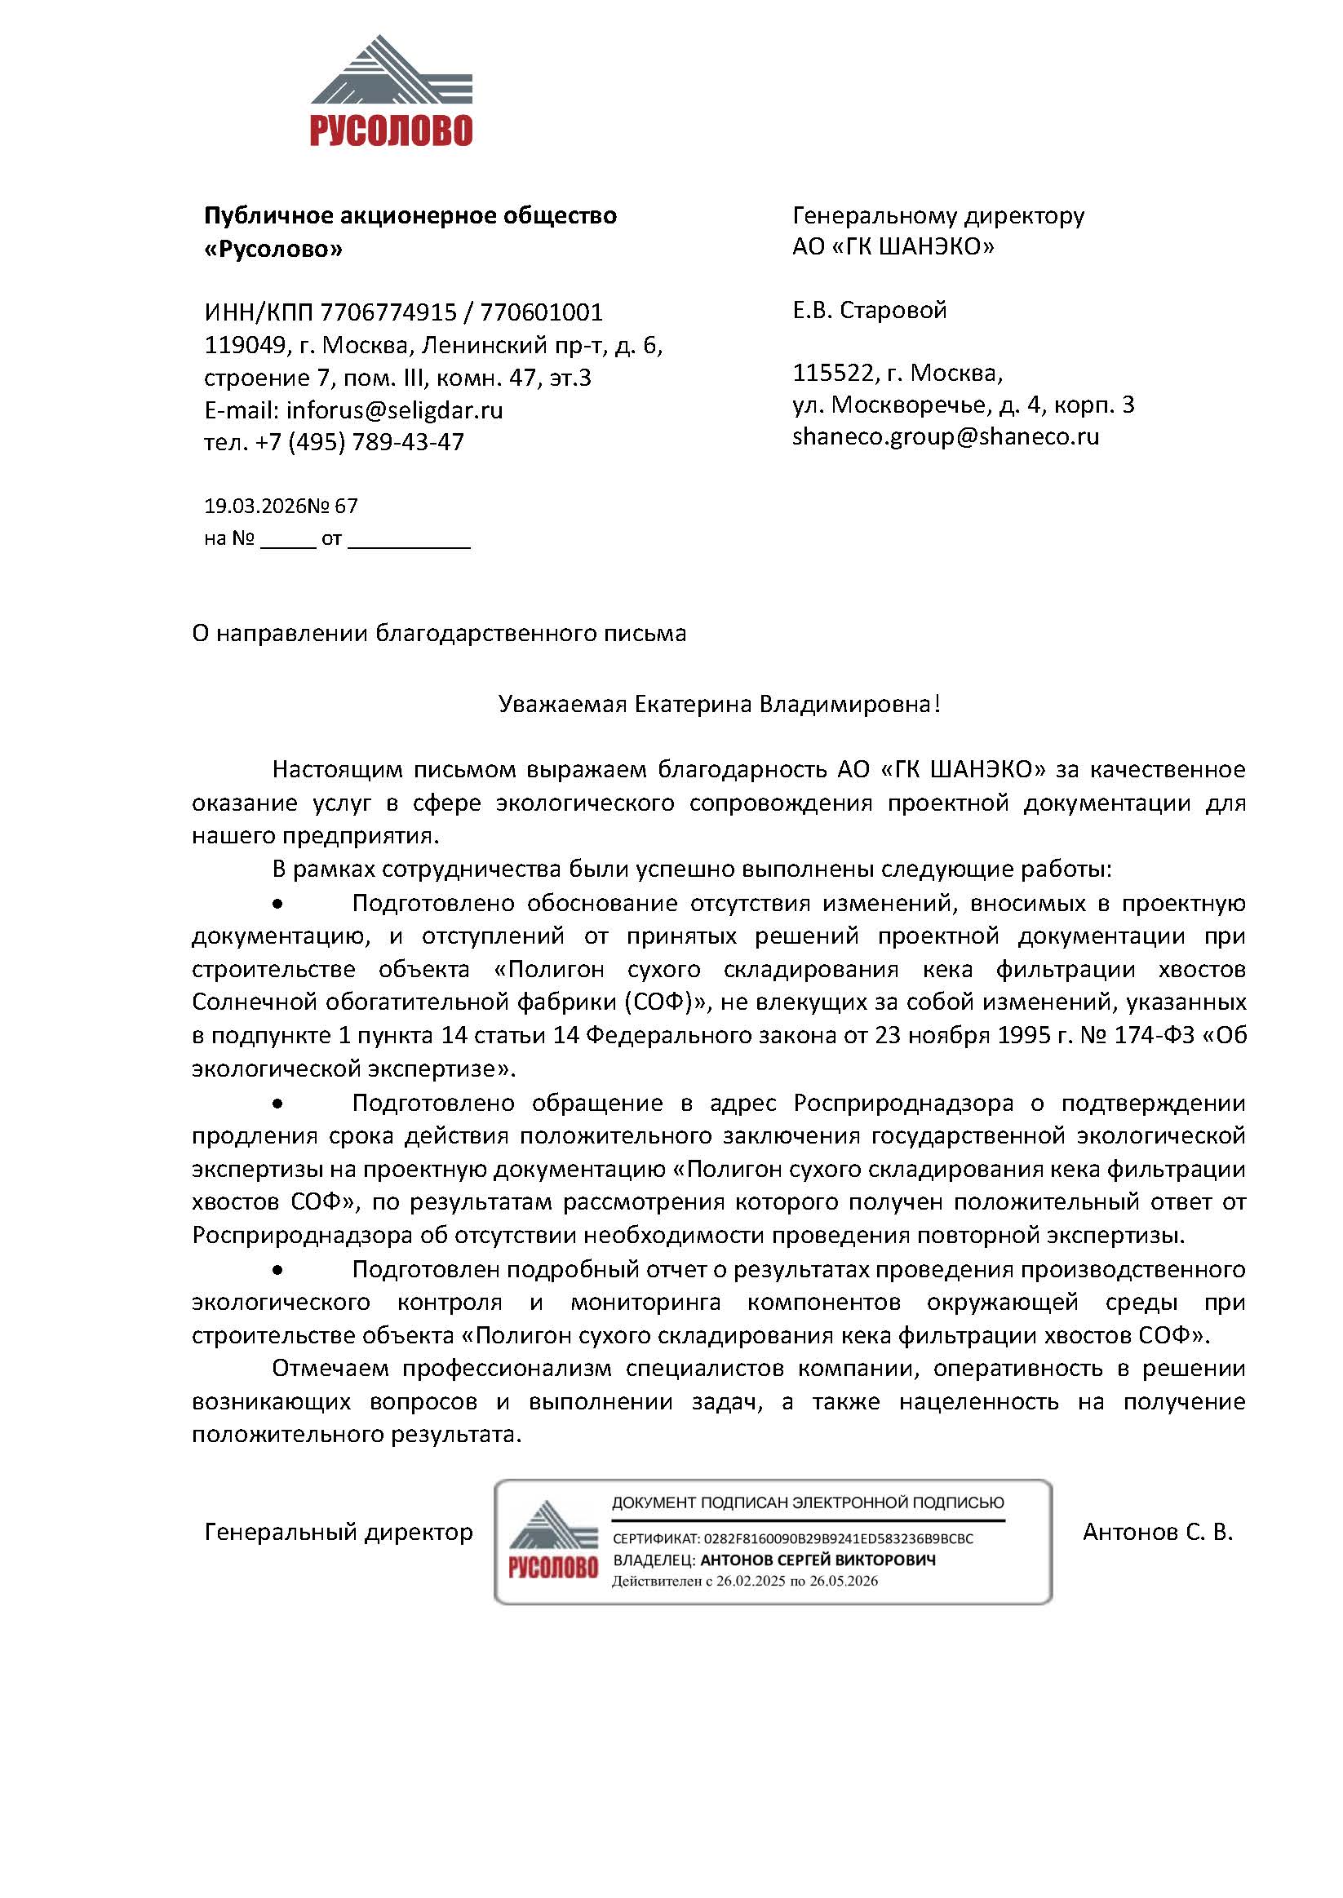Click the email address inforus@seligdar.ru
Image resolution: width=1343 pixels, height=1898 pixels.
[394, 410]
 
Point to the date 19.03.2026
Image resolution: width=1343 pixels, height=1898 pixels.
[255, 506]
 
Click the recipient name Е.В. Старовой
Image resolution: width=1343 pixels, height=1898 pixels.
[869, 310]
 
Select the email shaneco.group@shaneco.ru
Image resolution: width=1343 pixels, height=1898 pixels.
[945, 436]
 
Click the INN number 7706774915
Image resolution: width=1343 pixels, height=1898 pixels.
[388, 312]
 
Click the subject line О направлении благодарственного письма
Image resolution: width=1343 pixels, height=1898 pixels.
[439, 633]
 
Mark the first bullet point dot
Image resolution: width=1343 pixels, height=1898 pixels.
[279, 905]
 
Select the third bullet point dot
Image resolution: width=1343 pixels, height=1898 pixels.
[279, 1270]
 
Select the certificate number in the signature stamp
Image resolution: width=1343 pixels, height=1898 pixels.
[838, 1539]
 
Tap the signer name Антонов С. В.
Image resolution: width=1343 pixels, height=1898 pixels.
[1157, 1533]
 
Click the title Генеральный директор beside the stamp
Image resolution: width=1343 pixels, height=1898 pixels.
[339, 1533]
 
